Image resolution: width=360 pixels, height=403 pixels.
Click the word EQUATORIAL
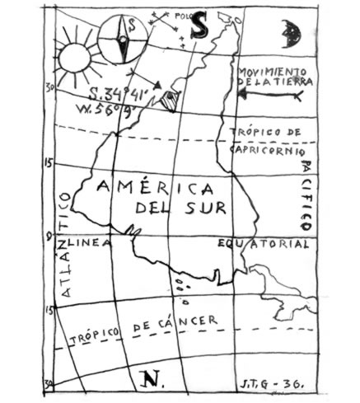click(x=264, y=245)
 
